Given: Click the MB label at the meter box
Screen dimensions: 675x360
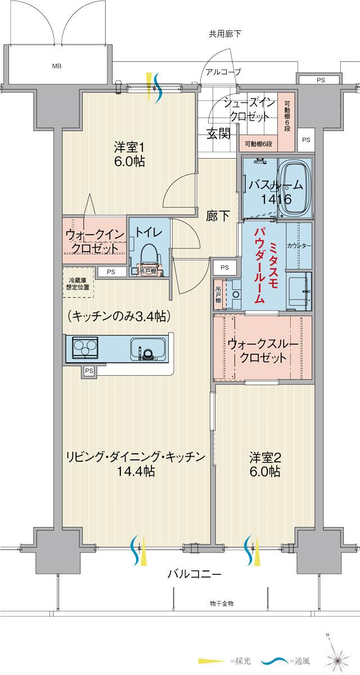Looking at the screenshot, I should tap(57, 66).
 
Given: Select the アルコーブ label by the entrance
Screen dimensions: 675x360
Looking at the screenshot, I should tap(223, 71).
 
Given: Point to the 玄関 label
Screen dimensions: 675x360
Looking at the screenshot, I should tap(218, 134).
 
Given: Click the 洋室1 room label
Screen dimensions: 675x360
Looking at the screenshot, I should tap(130, 148).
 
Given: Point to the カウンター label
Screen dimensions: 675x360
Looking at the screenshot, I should tap(299, 246).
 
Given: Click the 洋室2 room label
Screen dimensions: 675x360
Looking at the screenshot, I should tap(265, 457).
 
